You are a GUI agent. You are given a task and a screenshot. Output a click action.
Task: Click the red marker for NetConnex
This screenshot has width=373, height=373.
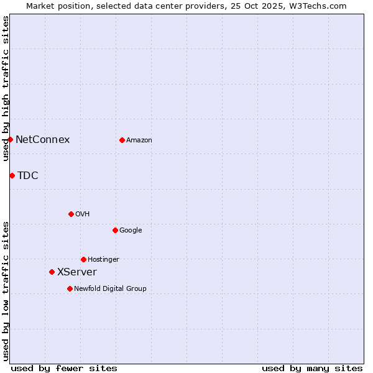tap(11, 139)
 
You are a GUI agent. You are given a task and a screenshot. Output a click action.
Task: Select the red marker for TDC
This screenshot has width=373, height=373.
tap(12, 175)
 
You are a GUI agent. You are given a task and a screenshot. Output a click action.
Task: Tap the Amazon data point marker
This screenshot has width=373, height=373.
tap(122, 140)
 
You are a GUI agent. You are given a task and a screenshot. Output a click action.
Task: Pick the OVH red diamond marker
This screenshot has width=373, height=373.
tap(71, 214)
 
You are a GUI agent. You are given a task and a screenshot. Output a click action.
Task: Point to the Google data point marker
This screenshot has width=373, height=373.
tap(115, 230)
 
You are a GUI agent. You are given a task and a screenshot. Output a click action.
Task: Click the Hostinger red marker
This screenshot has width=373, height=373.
tap(83, 259)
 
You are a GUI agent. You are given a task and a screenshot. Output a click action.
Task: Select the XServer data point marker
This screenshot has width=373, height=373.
tap(52, 272)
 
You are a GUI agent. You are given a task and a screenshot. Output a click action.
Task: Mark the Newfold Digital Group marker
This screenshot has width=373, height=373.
tap(70, 288)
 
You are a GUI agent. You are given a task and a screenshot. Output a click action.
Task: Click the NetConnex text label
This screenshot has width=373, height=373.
tap(42, 139)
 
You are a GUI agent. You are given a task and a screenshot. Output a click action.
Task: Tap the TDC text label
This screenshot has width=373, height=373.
tap(27, 175)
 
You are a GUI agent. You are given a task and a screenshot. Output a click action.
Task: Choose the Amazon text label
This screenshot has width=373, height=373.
tap(139, 140)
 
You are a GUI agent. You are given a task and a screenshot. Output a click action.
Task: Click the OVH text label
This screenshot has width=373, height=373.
tap(82, 214)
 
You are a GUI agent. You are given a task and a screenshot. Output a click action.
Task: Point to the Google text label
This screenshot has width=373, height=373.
tap(131, 230)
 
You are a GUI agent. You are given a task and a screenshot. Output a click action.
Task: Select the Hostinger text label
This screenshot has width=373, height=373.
tap(103, 259)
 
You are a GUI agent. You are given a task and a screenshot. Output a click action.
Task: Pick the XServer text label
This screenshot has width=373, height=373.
tap(77, 272)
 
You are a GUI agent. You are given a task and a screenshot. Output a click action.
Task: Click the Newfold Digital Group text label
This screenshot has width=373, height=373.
tap(110, 288)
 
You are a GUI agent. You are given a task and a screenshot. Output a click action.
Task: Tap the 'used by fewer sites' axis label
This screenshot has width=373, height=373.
tap(64, 368)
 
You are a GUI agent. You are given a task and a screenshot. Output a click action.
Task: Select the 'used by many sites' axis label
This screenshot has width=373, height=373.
tap(312, 368)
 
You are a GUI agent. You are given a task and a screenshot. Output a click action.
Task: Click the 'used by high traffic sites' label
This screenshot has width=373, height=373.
tap(6, 88)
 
